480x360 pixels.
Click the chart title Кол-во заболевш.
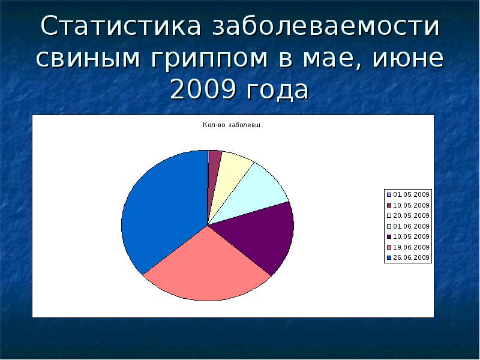click(x=233, y=125)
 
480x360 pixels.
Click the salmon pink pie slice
click(x=204, y=264)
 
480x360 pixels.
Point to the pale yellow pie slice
click(x=231, y=171)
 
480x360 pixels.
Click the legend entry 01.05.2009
click(x=408, y=194)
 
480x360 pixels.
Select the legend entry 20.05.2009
click(x=408, y=215)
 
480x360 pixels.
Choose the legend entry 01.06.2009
click(x=408, y=226)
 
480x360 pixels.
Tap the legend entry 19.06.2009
click(x=408, y=247)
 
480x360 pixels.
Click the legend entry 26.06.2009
click(x=408, y=257)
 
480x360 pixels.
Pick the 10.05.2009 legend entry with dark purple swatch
click(x=408, y=236)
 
